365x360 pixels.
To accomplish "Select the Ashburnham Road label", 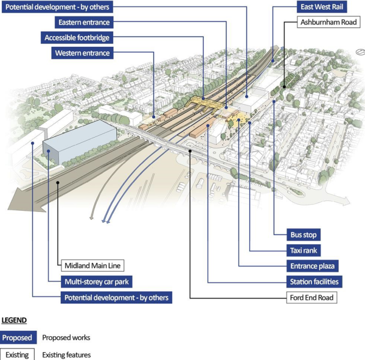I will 328,23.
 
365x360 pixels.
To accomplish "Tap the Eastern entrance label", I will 83,23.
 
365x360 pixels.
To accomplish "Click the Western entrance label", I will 82,53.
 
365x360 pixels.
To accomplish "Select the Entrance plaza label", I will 312,266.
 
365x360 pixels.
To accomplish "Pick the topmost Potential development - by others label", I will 63,7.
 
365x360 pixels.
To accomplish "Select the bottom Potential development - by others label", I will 116,298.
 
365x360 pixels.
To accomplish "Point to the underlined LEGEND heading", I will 14,320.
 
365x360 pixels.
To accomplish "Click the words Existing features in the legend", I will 66,354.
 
